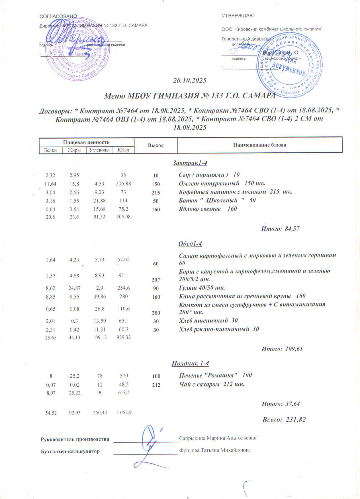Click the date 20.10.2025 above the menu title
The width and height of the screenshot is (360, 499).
(x=190, y=81)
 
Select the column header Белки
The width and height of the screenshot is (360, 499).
(x=50, y=150)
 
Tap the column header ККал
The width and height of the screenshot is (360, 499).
(x=123, y=150)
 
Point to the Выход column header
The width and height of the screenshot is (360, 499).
(x=156, y=145)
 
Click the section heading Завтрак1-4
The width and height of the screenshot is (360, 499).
(x=190, y=163)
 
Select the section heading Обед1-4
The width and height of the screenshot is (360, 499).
(x=190, y=244)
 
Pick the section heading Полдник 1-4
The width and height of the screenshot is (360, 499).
(x=190, y=364)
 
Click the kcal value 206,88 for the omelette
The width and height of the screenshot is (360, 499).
(x=123, y=184)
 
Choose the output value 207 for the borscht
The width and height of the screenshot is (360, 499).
(x=156, y=280)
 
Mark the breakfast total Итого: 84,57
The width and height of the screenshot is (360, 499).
(x=280, y=229)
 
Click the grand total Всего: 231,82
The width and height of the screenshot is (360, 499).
(x=284, y=420)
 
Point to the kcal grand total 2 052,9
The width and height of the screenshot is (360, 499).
(x=124, y=412)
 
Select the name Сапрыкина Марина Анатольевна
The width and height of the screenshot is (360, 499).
(x=218, y=438)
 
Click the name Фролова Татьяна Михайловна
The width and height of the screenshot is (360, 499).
(x=214, y=450)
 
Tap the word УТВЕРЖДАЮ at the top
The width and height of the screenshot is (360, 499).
(x=238, y=16)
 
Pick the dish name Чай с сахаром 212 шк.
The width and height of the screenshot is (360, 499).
(x=211, y=385)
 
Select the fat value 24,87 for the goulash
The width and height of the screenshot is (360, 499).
(x=74, y=288)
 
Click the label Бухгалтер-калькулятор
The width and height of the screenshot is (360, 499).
(x=70, y=451)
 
